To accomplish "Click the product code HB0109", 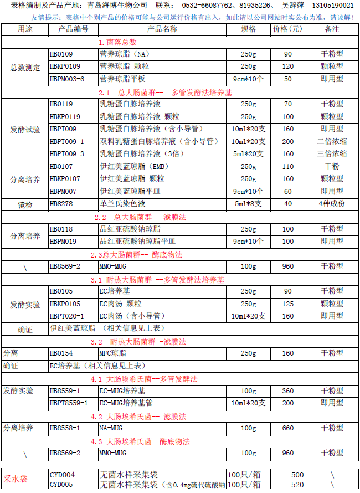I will [61, 54].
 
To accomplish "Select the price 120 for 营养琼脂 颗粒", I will [287, 66].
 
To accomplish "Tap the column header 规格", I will [248, 29].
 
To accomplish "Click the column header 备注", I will [332, 29].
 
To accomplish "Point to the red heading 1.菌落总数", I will [117, 42].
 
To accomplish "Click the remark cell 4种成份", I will [332, 204].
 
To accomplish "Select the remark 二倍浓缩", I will [332, 141].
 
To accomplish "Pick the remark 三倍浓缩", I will [332, 153].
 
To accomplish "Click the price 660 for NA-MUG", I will [287, 428].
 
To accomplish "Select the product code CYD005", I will [62, 485].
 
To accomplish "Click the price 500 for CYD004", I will [297, 475].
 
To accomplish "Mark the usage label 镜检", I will [22, 204].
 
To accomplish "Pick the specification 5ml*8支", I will [248, 204].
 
